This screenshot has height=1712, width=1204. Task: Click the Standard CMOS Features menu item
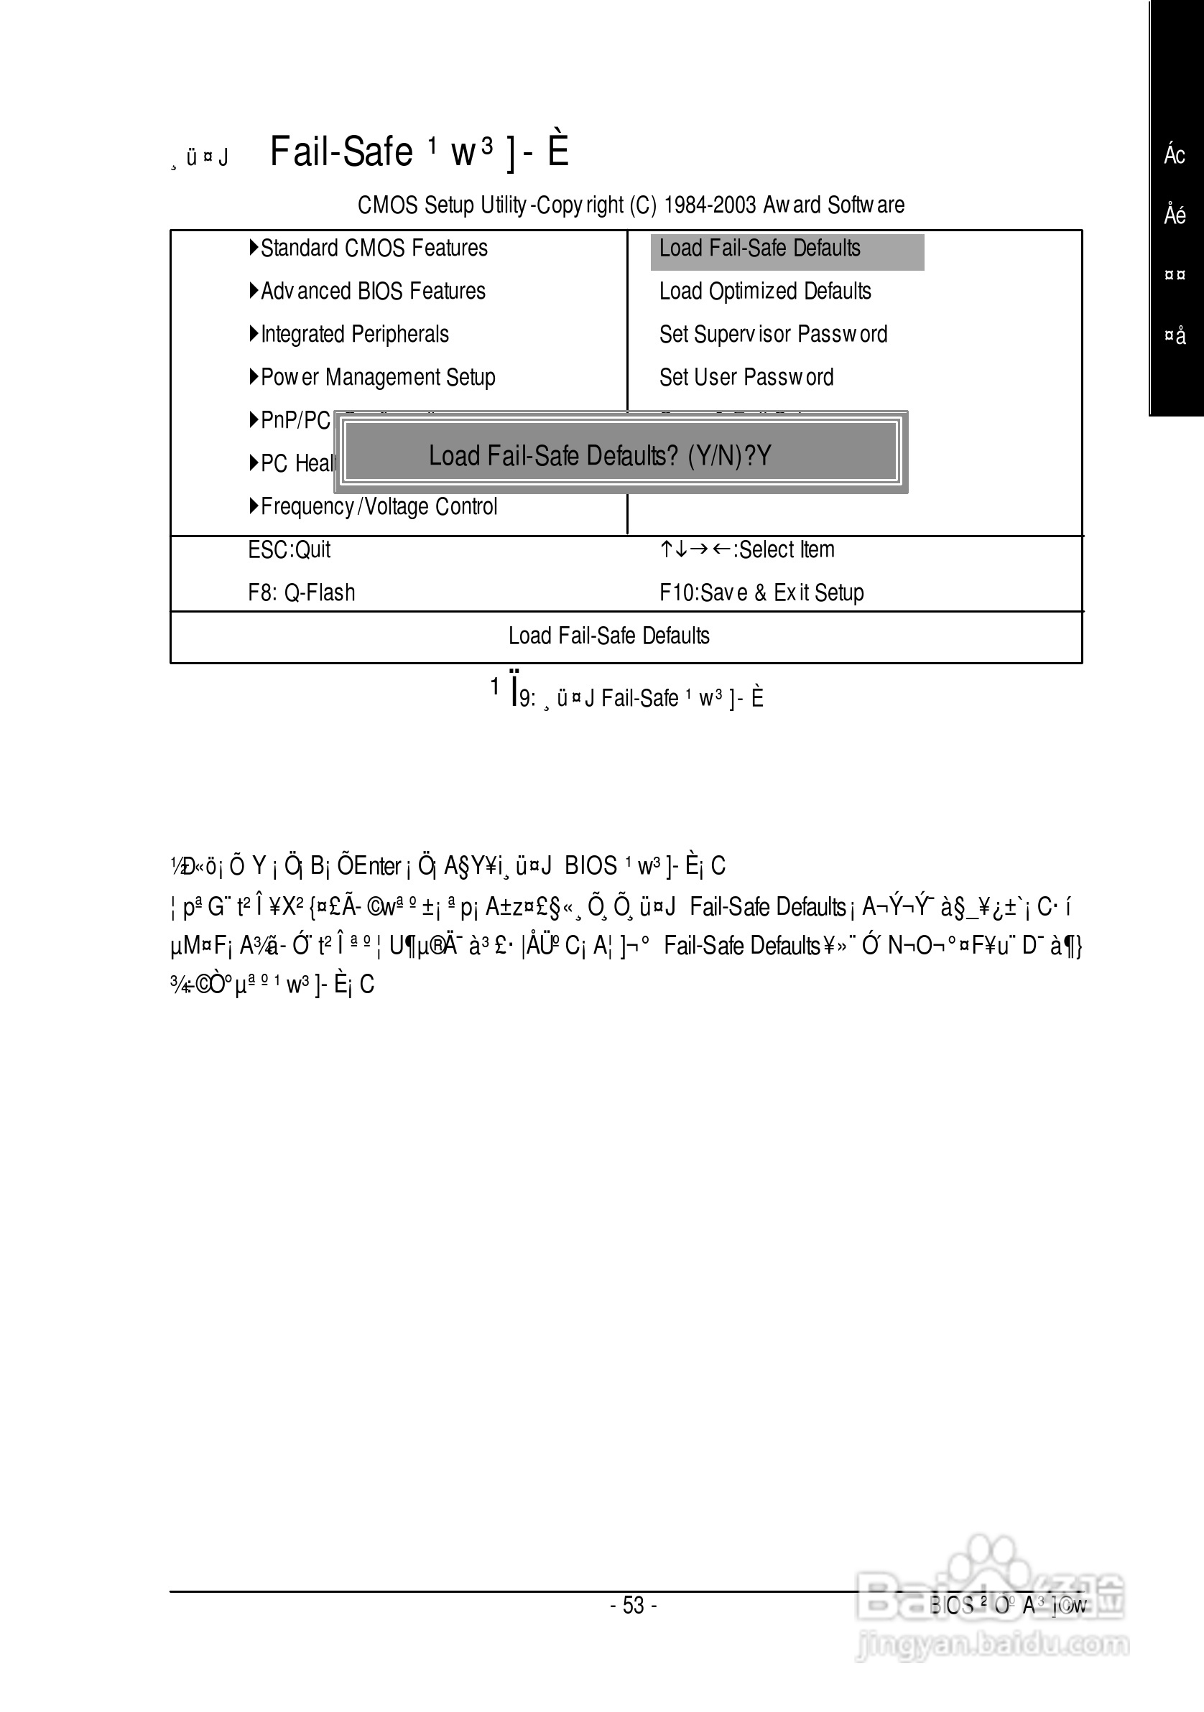point(374,248)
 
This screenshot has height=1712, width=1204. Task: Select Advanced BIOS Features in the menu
point(373,292)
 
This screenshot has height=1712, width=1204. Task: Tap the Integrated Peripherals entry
point(354,335)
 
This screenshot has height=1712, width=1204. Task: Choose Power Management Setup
point(377,378)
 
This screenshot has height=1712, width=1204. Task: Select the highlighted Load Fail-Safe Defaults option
point(760,249)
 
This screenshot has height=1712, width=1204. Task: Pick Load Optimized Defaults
point(764,292)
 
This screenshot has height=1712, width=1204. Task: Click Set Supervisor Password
point(773,335)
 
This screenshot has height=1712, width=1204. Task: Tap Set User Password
point(746,378)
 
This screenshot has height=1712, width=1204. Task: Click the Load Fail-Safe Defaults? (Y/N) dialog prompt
point(600,455)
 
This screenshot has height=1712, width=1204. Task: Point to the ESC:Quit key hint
point(290,550)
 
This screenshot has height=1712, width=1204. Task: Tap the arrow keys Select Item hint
point(746,550)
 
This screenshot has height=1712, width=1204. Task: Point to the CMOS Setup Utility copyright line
point(630,205)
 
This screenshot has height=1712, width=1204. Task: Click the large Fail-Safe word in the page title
point(341,152)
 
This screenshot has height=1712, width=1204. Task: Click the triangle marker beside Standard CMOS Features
point(254,248)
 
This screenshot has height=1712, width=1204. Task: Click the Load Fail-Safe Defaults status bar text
point(608,636)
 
